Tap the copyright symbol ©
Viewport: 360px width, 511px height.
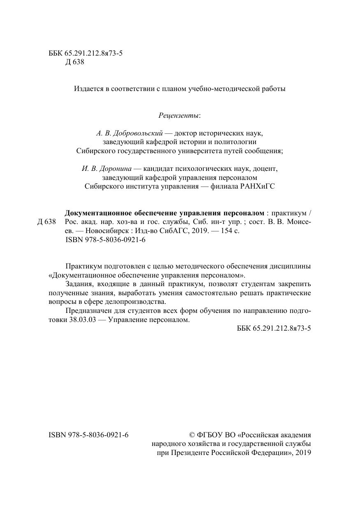point(191,435)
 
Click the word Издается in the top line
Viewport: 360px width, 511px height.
point(88,89)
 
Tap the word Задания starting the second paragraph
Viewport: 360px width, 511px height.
point(78,284)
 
